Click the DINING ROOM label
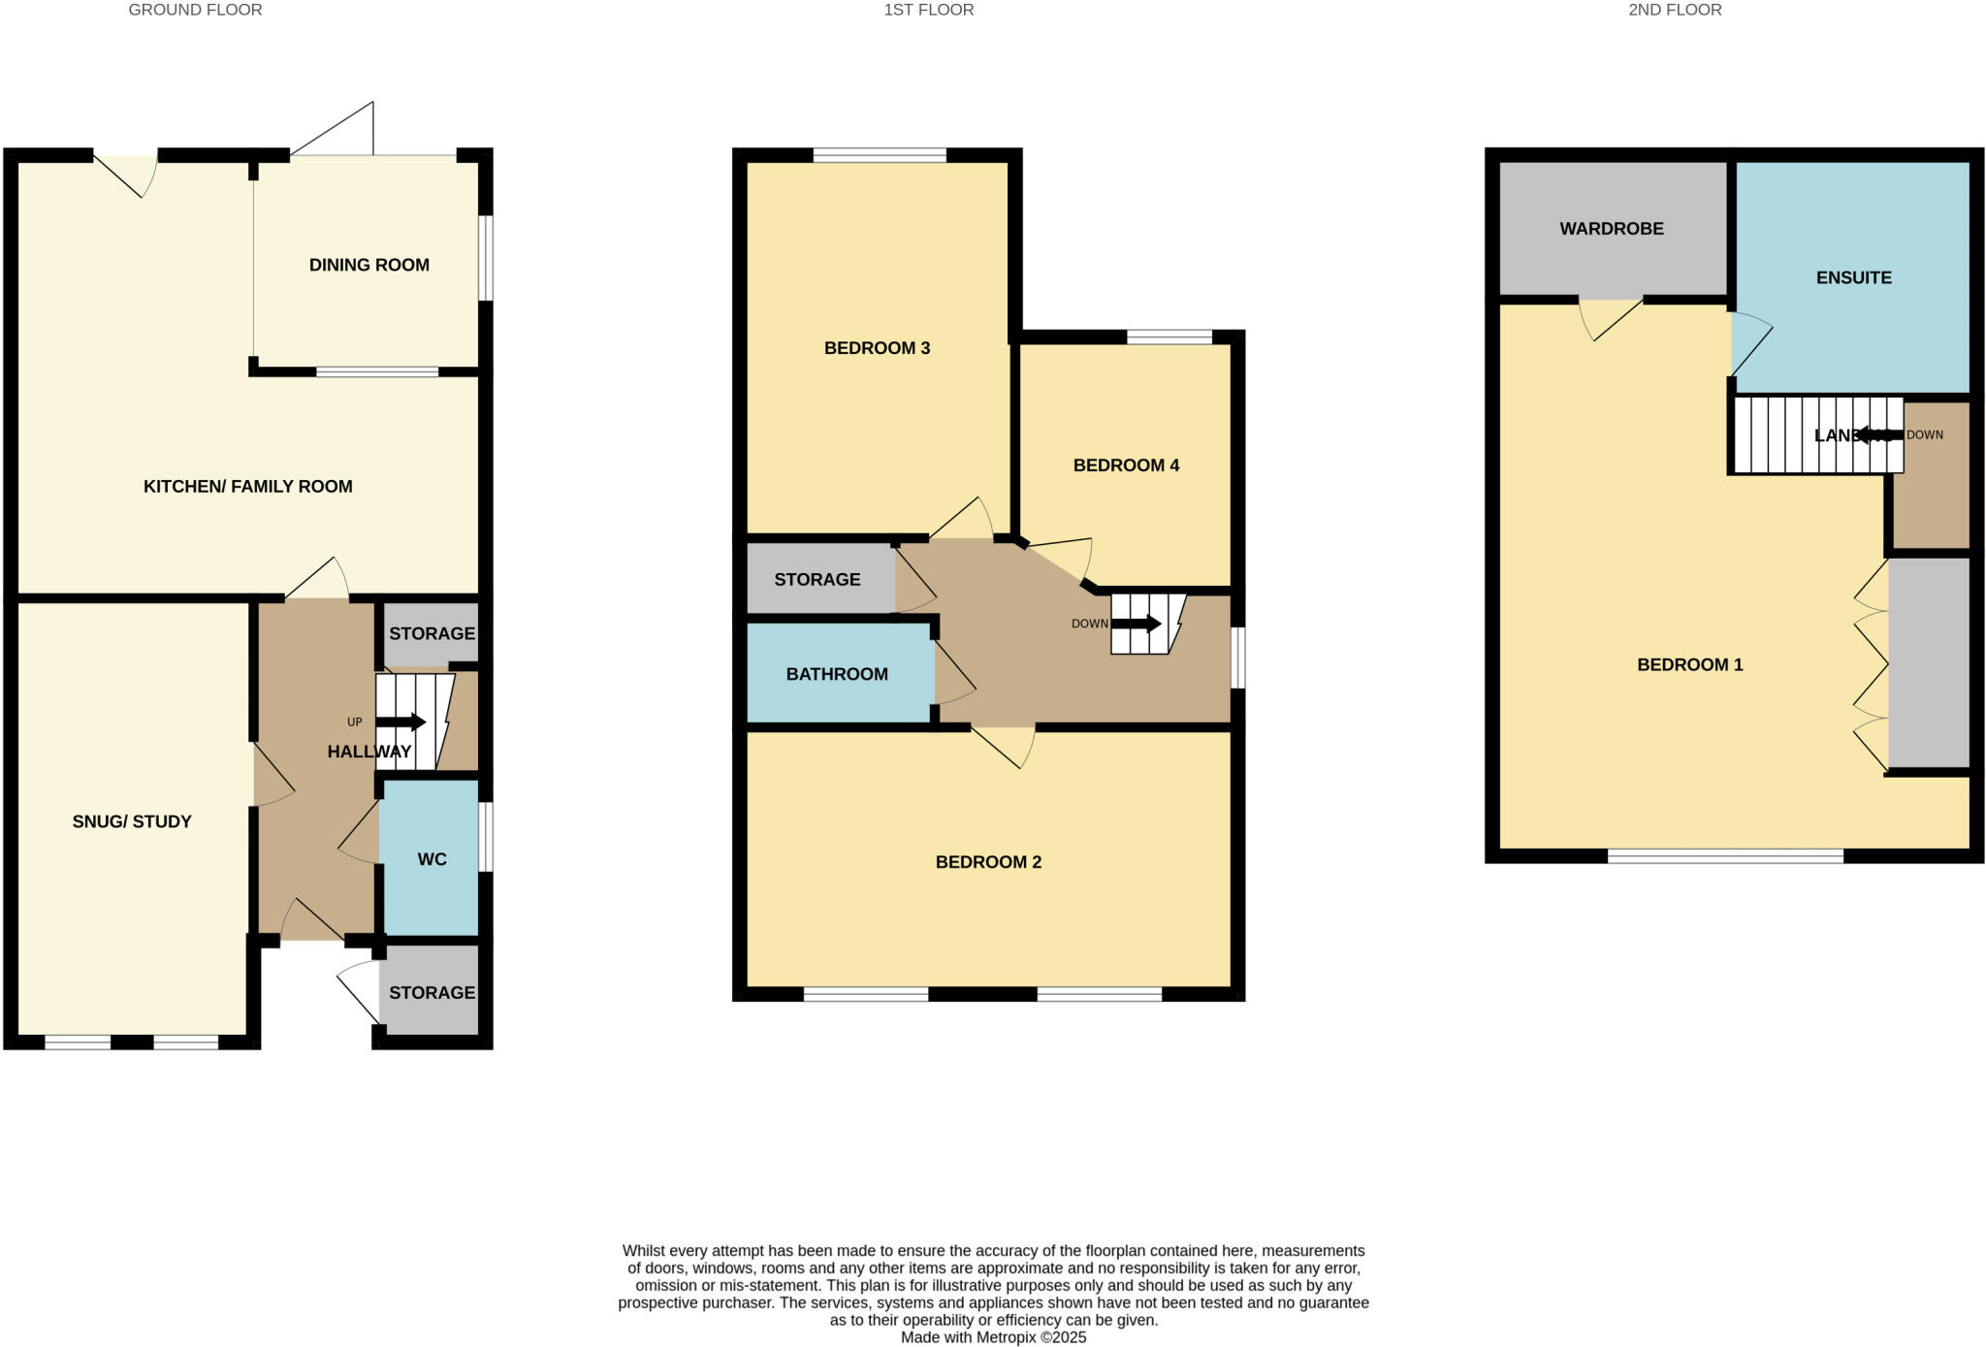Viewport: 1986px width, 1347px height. click(368, 265)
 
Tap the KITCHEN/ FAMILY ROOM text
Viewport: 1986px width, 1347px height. click(247, 487)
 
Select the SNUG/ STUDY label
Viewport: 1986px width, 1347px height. click(132, 821)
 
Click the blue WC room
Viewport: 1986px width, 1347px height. click(431, 857)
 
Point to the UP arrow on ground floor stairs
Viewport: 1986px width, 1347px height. click(400, 722)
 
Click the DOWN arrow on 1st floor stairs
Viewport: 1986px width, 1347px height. click(1136, 624)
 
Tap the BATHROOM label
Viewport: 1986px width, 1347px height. click(837, 674)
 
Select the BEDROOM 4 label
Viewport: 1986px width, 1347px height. click(1126, 465)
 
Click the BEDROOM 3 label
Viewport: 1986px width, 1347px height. click(877, 348)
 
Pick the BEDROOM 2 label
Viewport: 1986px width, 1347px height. click(988, 862)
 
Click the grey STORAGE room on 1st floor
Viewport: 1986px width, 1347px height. click(817, 580)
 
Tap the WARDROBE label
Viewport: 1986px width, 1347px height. click(1612, 229)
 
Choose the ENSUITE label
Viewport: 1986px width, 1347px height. click(1853, 277)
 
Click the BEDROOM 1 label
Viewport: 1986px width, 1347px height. click(1689, 665)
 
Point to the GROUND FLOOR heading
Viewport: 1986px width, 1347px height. click(195, 10)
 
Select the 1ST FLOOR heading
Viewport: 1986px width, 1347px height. click(928, 10)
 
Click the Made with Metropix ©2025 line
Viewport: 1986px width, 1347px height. click(993, 1337)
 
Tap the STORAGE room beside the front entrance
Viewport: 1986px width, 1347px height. click(431, 992)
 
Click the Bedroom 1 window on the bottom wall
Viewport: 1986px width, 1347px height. click(1725, 855)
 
